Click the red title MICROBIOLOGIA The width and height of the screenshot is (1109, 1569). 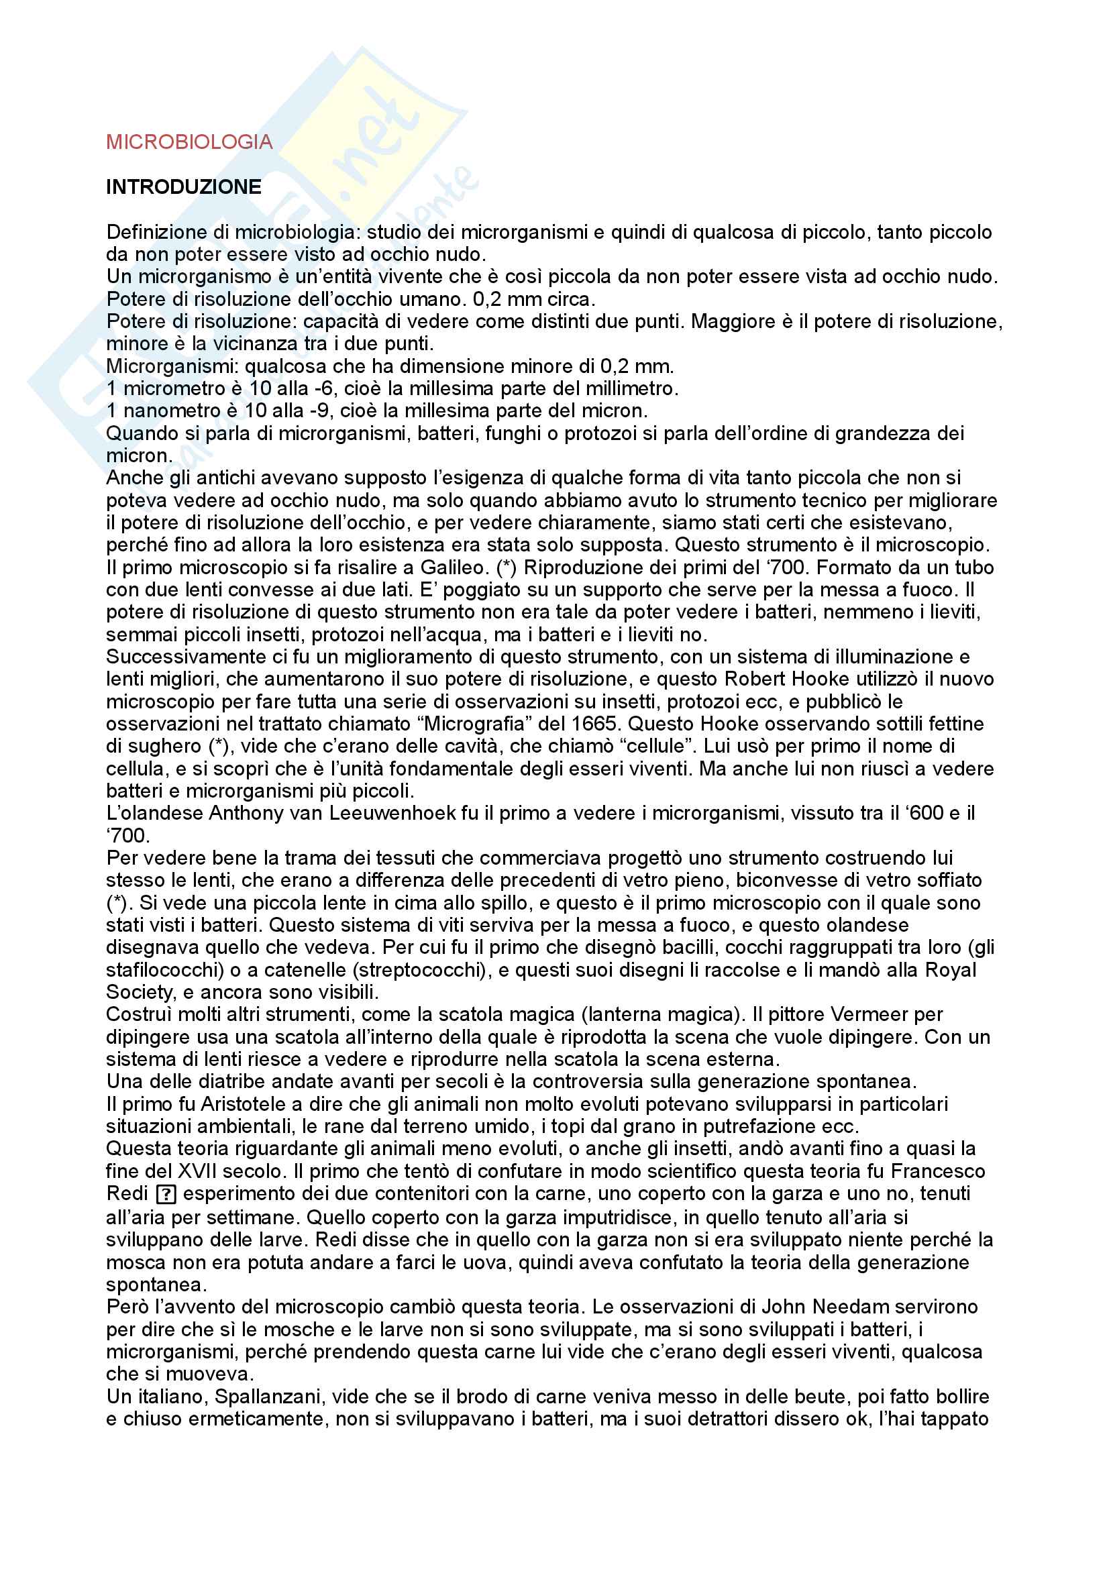(189, 142)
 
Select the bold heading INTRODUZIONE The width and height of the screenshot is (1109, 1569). (183, 187)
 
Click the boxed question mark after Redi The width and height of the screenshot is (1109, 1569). (166, 1195)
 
